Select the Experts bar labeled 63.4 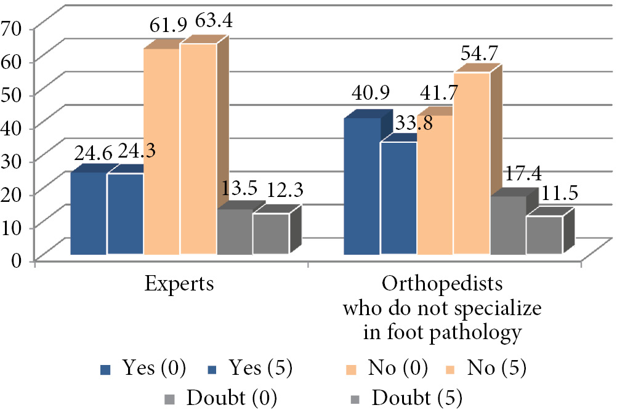[198, 148]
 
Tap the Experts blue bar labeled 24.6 [88, 213]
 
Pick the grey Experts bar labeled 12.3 [271, 233]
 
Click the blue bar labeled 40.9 [361, 185]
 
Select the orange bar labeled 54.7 [472, 163]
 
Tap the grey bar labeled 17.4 [508, 225]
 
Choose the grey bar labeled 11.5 [544, 235]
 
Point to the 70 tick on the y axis [13, 27]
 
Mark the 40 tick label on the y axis [13, 127]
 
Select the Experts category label [179, 284]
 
